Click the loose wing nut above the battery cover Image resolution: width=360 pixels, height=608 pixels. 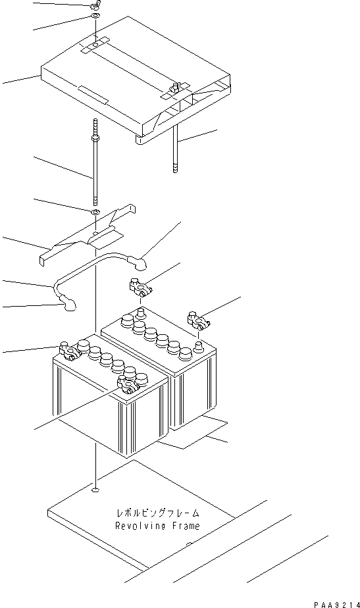95,7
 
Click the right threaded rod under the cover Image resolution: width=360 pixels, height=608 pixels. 176,148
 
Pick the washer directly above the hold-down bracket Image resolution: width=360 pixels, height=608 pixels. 96,212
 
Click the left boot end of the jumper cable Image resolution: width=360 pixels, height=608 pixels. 68,303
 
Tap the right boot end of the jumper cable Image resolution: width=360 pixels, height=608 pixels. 141,266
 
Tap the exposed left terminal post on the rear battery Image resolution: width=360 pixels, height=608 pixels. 140,311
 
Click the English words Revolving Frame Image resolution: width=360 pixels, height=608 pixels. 157,526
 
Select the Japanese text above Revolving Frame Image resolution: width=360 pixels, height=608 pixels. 157,513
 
